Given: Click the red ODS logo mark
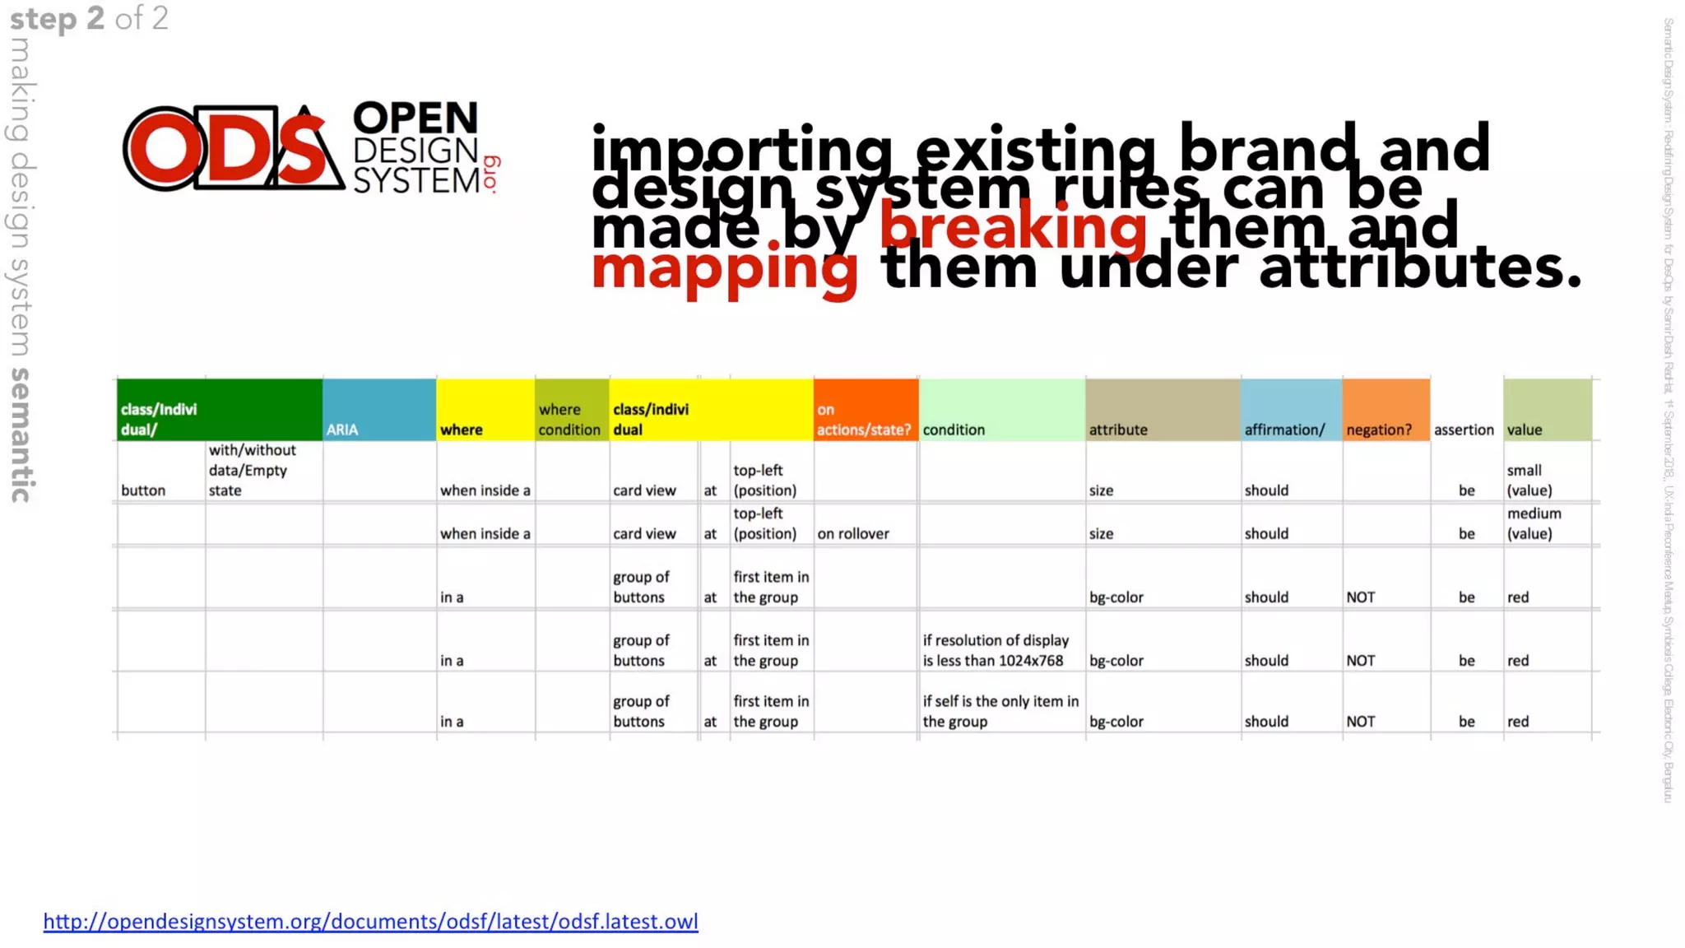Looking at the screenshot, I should coord(233,148).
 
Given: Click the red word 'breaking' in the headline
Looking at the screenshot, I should coord(1013,227).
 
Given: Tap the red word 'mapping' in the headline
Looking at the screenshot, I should coord(724,268).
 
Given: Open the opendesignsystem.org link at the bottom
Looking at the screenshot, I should coord(370,922).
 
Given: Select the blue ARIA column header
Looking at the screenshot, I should coord(378,411).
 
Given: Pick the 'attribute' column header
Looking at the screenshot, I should coord(1162,411).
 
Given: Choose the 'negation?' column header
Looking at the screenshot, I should coord(1386,411).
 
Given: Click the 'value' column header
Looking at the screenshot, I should coord(1547,411).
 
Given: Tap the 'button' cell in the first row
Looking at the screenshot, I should coord(143,490).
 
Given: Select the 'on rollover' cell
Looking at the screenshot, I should coord(853,533).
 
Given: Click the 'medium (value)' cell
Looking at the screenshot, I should coord(1534,523).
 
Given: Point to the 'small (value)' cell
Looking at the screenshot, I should coord(1529,480).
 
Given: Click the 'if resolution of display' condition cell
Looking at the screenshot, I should coord(996,650).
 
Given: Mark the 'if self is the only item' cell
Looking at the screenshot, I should coord(1000,711).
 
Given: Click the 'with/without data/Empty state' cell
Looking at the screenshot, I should coord(253,470).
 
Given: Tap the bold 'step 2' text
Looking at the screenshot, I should coord(57,18).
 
